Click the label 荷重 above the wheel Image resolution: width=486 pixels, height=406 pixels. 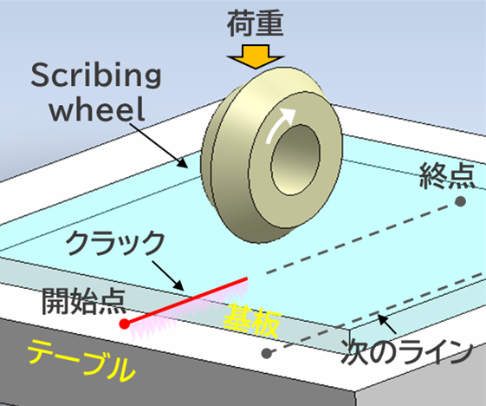[x=255, y=24]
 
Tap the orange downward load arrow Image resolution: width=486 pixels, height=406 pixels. [x=256, y=56]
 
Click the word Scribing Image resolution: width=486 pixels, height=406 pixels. [x=96, y=75]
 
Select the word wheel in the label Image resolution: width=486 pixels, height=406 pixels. [x=97, y=108]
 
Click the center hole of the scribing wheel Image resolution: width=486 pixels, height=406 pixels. [x=295, y=160]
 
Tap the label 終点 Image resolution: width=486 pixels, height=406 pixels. [x=448, y=175]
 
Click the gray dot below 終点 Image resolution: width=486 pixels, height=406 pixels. [x=460, y=201]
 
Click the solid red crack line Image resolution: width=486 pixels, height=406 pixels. [x=186, y=300]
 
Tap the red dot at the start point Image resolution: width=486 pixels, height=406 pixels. [x=124, y=324]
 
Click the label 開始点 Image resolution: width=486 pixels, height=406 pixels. [x=84, y=301]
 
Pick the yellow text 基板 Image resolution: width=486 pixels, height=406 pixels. [x=252, y=320]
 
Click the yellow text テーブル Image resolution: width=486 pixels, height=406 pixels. [x=82, y=360]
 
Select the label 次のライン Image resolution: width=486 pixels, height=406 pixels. [x=406, y=351]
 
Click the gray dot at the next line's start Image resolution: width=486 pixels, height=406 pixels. [x=267, y=353]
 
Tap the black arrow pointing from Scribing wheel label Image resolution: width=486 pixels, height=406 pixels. [x=159, y=145]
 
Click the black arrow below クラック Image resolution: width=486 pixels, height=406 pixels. [x=167, y=276]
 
